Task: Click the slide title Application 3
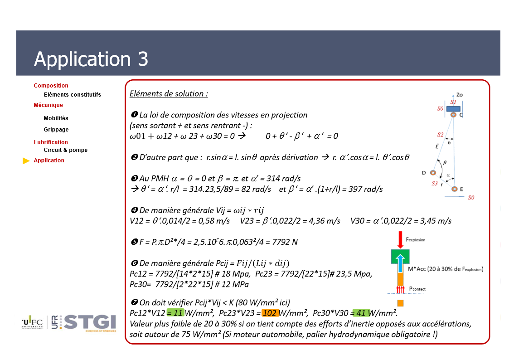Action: (91, 59)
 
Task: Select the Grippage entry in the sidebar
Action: (56, 130)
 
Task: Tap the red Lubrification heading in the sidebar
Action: (51, 142)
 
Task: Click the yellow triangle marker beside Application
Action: (26, 161)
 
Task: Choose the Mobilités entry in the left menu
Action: (56, 118)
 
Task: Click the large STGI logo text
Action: (90, 322)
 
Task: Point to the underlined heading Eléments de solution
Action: (169, 93)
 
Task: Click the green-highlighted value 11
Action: (175, 313)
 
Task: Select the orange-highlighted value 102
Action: (271, 313)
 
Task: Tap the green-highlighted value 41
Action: (361, 313)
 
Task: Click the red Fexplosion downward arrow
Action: (400, 240)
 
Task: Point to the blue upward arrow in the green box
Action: (400, 263)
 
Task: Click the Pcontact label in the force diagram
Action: (417, 289)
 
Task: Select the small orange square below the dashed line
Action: (401, 303)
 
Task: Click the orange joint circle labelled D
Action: (433, 173)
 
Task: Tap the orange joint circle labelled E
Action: (455, 189)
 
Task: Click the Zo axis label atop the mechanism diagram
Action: (459, 95)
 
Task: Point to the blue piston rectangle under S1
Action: (454, 109)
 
